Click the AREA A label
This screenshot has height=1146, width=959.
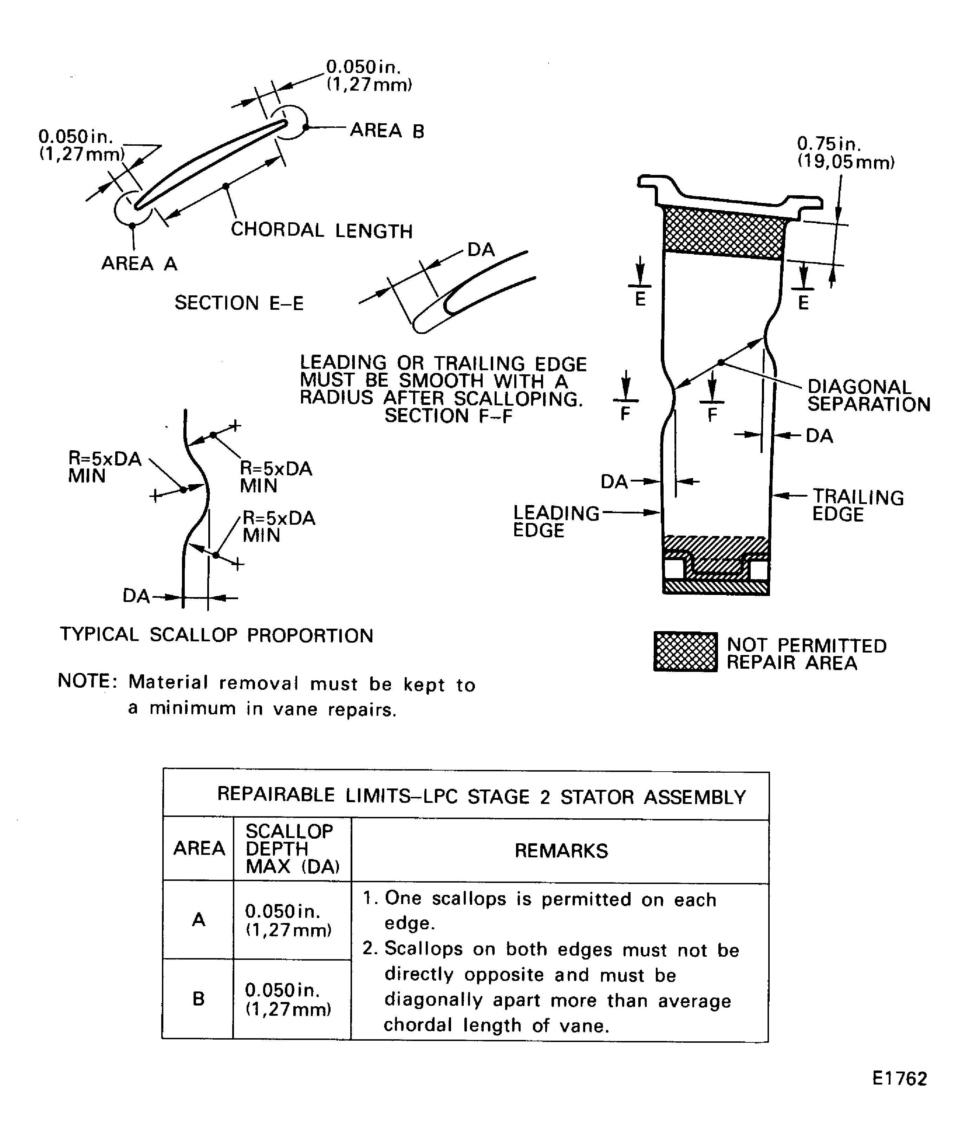pos(139,263)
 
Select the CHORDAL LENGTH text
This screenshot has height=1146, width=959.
pos(321,230)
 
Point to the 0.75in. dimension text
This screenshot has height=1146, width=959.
pos(829,144)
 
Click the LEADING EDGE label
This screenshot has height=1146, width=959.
pos(556,521)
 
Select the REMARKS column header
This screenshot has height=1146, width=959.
pos(561,851)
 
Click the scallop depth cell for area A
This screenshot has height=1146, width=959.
pos(288,921)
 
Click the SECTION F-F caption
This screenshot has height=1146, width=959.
pos(448,416)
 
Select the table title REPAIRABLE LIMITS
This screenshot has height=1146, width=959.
pos(481,796)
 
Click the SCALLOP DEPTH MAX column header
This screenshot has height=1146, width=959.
pos(292,849)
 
